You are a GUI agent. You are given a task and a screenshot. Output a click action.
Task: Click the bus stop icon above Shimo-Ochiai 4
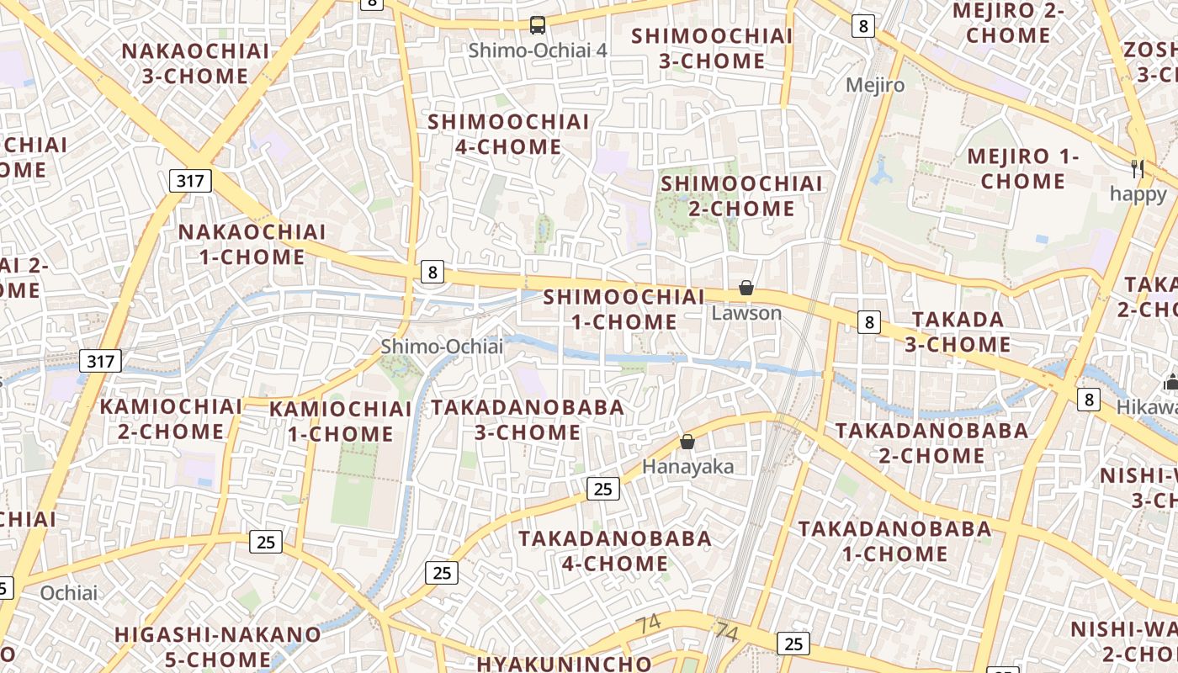click(x=538, y=25)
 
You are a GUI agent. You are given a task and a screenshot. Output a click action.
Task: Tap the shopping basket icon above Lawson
click(x=746, y=289)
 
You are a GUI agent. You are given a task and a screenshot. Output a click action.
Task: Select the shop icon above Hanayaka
click(x=687, y=442)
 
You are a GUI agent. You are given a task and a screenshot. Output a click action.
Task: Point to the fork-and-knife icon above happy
click(x=1138, y=168)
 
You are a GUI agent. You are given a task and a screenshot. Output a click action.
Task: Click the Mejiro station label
click(x=875, y=85)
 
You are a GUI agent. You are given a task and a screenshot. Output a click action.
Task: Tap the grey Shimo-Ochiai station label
click(x=442, y=347)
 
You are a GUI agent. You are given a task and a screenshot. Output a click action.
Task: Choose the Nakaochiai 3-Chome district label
click(x=195, y=63)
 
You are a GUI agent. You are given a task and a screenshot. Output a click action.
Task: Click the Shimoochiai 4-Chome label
click(x=508, y=135)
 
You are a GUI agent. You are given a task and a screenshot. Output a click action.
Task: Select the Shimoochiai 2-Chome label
click(x=741, y=196)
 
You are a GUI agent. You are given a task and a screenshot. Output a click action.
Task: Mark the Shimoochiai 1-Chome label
click(x=623, y=309)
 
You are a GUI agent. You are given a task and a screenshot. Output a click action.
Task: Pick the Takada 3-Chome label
click(x=958, y=331)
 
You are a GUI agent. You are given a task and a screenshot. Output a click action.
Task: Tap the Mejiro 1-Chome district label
click(x=1022, y=168)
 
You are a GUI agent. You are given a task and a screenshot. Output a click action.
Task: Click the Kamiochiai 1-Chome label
click(x=341, y=421)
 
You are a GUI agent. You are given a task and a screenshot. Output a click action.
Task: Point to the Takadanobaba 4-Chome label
click(x=614, y=550)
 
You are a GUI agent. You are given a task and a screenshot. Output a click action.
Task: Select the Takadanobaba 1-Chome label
click(x=895, y=541)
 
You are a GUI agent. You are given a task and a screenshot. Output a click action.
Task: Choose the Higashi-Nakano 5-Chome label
click(x=218, y=646)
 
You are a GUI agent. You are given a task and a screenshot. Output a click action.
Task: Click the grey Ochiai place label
click(x=69, y=593)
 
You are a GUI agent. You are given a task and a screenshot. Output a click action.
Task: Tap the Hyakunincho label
click(x=564, y=663)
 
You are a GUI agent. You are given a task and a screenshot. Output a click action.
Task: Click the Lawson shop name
click(x=746, y=313)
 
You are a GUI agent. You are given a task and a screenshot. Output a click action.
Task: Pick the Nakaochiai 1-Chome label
click(x=252, y=244)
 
